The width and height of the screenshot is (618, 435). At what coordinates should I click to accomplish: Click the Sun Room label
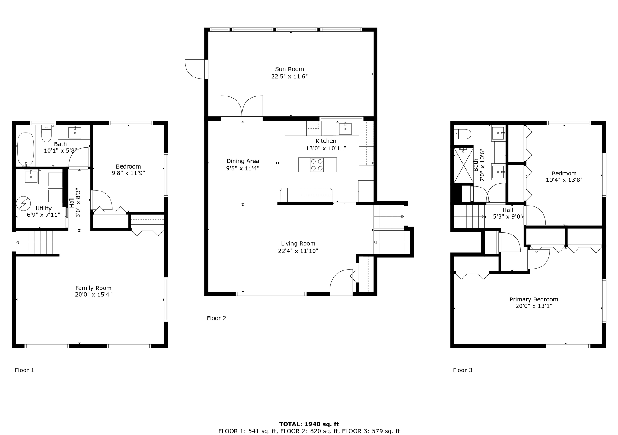pyautogui.click(x=289, y=69)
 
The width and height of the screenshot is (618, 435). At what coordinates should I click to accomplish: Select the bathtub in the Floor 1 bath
pyautogui.click(x=26, y=149)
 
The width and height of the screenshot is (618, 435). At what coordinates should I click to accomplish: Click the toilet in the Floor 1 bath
pyautogui.click(x=46, y=134)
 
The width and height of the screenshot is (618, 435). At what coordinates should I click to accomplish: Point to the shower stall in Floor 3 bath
pyautogui.click(x=463, y=165)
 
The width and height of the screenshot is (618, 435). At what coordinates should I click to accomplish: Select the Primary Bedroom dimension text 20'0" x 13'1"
pyautogui.click(x=534, y=306)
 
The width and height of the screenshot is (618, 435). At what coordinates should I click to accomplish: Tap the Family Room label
pyautogui.click(x=93, y=288)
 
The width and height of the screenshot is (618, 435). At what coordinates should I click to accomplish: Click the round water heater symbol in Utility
pyautogui.click(x=23, y=204)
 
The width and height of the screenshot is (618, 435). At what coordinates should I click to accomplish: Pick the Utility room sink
pyautogui.click(x=31, y=177)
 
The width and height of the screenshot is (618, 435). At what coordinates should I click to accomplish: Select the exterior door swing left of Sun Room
pyautogui.click(x=196, y=69)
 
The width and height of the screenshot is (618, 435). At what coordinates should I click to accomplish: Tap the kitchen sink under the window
pyautogui.click(x=345, y=129)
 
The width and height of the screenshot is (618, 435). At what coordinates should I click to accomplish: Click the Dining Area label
pyautogui.click(x=243, y=161)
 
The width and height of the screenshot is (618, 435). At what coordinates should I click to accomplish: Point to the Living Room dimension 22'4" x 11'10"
pyautogui.click(x=298, y=251)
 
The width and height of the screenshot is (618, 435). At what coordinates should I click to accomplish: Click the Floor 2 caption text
pyautogui.click(x=216, y=318)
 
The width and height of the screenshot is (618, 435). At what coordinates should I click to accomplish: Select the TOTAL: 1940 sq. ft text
pyautogui.click(x=309, y=424)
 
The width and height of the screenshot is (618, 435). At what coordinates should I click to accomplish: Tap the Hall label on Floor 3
pyautogui.click(x=508, y=210)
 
